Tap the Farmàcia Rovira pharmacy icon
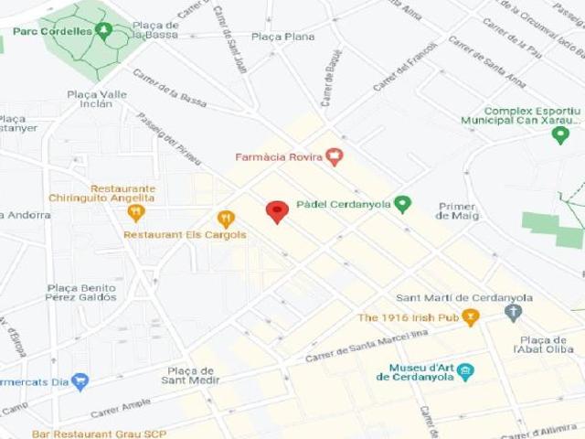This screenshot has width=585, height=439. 335,156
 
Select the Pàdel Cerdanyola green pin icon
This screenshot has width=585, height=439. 402,204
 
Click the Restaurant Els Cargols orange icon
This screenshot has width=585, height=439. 226,219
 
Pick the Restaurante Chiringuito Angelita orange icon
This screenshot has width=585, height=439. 136,212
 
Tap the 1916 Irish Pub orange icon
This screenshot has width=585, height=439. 471,317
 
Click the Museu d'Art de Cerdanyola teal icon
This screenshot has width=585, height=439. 466,371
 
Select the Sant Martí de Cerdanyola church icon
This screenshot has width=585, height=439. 513,314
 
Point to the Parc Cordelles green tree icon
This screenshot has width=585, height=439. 104,31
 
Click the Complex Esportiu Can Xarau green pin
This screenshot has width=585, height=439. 560,135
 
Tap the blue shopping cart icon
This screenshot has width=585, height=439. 80,380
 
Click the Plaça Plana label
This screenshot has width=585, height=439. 282,37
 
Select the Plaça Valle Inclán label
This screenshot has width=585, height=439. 97,99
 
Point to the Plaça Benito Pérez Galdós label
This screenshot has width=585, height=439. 81,292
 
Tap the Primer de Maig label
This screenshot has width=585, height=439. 457,210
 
